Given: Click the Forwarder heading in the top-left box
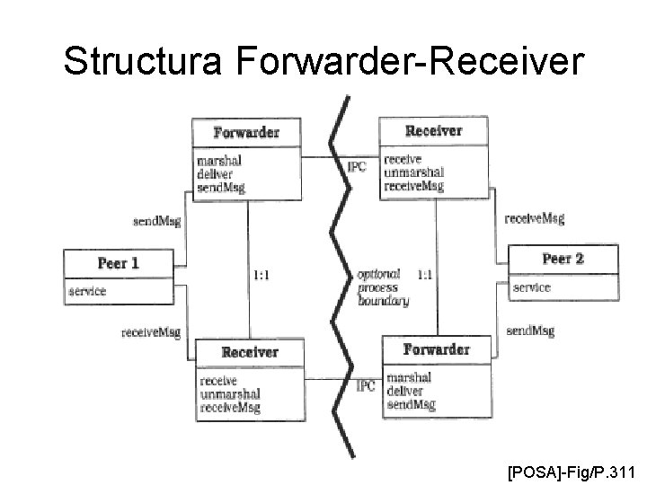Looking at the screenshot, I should click(x=246, y=133).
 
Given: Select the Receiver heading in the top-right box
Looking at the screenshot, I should click(x=434, y=130).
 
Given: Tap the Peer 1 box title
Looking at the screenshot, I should click(x=118, y=264).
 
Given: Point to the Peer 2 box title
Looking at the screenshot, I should click(x=563, y=259).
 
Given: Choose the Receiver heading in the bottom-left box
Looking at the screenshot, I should click(x=250, y=352).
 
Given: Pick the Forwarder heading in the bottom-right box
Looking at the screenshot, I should click(x=436, y=348).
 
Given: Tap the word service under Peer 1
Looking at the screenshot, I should click(x=87, y=291).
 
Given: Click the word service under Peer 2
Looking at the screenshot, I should click(x=532, y=287).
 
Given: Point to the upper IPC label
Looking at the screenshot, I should click(x=357, y=166).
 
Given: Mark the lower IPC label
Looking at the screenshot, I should click(x=366, y=386).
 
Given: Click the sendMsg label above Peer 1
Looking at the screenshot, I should click(x=156, y=221).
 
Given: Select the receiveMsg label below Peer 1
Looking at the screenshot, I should click(x=151, y=332).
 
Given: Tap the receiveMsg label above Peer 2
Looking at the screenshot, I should click(x=535, y=217).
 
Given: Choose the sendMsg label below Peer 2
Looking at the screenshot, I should click(x=530, y=331).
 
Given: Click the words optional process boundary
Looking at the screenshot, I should click(x=383, y=287).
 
